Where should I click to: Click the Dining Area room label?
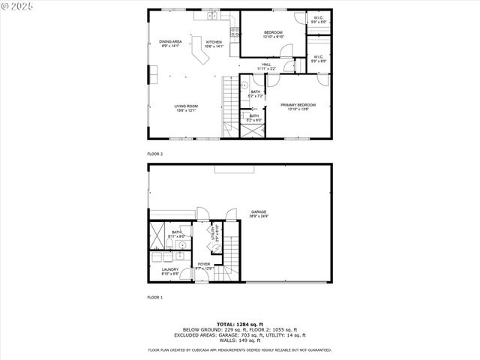point(170,43)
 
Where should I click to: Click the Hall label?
point(266,66)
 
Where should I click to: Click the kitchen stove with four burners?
point(234,31)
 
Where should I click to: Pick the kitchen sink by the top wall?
point(211,15)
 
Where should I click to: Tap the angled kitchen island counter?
point(199,55)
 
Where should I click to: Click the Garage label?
point(259,214)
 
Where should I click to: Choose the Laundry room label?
point(169,271)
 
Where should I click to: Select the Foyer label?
point(205,265)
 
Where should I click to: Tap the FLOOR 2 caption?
point(155,154)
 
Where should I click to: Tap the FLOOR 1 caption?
point(155,297)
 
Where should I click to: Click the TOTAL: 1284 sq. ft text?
point(239,323)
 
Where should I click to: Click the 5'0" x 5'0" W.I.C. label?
point(319,21)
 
